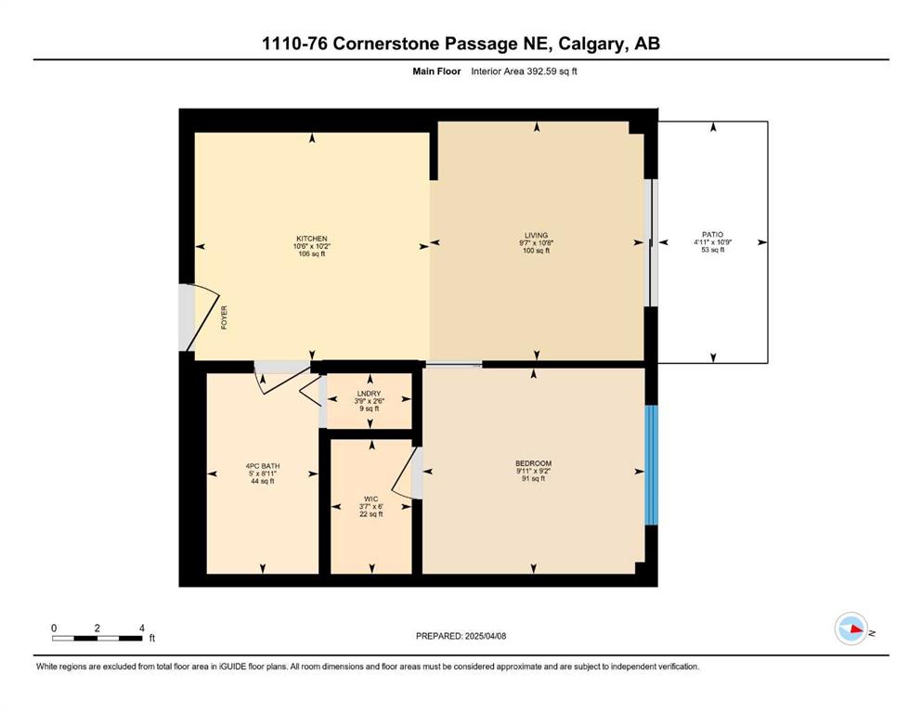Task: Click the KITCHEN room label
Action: point(312,239)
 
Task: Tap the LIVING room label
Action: point(537,235)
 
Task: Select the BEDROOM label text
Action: point(533,463)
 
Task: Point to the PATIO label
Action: point(713,234)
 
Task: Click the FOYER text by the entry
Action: point(224,318)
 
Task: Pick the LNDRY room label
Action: point(369,394)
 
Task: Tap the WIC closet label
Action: point(371,499)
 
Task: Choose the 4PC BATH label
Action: point(263,466)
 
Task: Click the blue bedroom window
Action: point(651,464)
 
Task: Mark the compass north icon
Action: point(851,629)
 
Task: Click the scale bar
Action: point(97,638)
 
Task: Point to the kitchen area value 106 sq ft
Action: point(312,254)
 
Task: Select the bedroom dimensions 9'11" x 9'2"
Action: point(533,471)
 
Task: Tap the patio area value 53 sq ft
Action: point(713,250)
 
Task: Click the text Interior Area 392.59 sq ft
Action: point(524,71)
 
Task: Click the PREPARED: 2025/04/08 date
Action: point(461,636)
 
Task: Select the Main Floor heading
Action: point(436,71)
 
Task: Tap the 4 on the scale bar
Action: point(142,629)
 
